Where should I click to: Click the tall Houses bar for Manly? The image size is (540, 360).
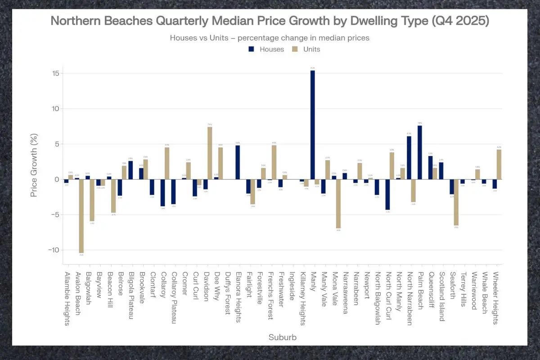click(x=312, y=125)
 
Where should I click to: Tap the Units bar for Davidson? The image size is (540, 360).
click(x=210, y=153)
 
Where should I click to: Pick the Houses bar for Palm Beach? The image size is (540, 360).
click(x=419, y=152)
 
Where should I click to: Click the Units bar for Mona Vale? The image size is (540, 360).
click(x=338, y=204)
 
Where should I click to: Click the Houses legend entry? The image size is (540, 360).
click(x=265, y=49)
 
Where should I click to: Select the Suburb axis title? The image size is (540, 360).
click(x=282, y=337)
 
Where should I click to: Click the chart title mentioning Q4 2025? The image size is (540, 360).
click(x=270, y=21)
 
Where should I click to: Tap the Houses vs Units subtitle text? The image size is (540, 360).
click(x=270, y=38)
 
